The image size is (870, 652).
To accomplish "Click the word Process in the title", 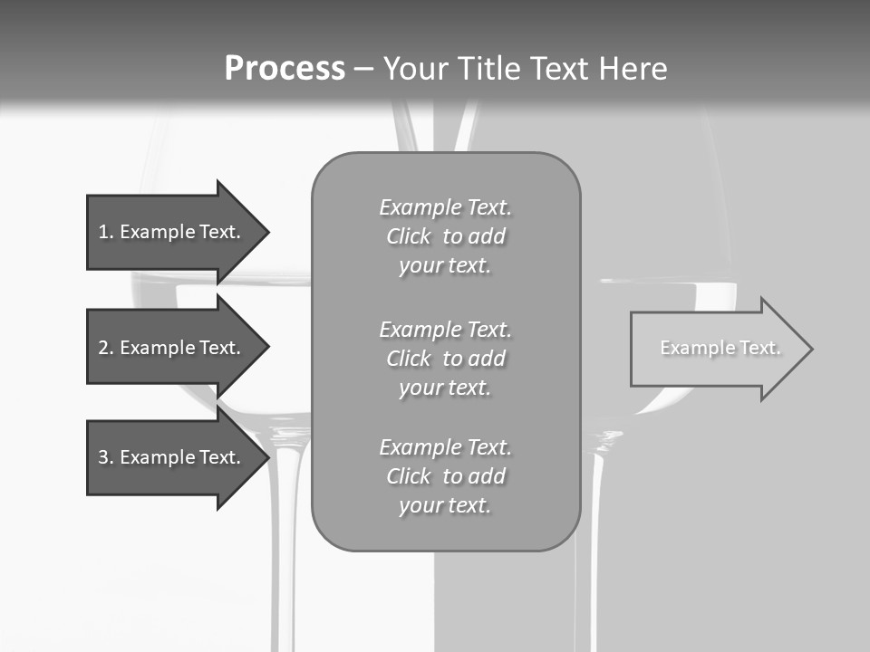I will click(285, 69).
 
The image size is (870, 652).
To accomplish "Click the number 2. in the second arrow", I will click(105, 348).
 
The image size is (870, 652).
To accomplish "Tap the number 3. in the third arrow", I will click(105, 457).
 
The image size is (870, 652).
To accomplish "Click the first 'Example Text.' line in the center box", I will click(445, 207).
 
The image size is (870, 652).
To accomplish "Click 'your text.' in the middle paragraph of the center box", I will click(445, 388).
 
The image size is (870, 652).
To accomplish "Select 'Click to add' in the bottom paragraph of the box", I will click(445, 476).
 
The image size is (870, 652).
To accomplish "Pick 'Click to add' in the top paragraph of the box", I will click(445, 236).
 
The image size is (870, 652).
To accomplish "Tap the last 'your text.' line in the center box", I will click(445, 505).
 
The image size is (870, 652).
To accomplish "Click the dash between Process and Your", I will click(363, 69).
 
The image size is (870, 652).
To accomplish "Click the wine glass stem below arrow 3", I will click(289, 561).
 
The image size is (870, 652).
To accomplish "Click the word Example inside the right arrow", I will click(691, 348).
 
